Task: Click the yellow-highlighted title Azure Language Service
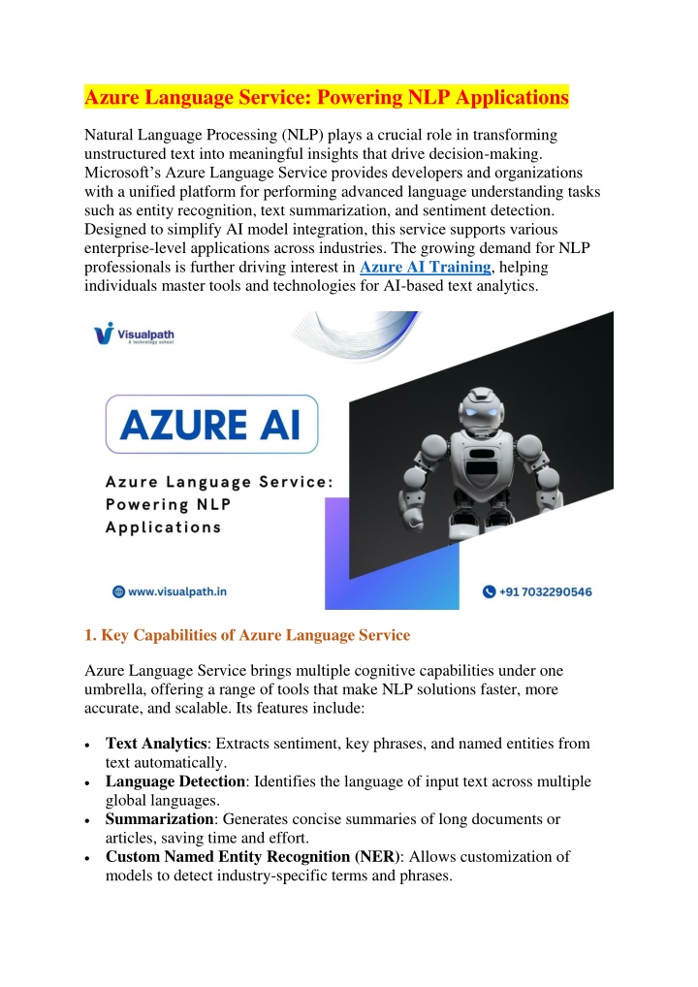pos(327,98)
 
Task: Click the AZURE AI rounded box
pos(211,424)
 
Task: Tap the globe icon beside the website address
pos(118,590)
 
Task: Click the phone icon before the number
pos(490,590)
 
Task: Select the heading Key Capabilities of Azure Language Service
pos(247,635)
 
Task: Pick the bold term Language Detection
pos(174,781)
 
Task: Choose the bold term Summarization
pos(160,819)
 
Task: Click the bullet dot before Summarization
pos(88,821)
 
